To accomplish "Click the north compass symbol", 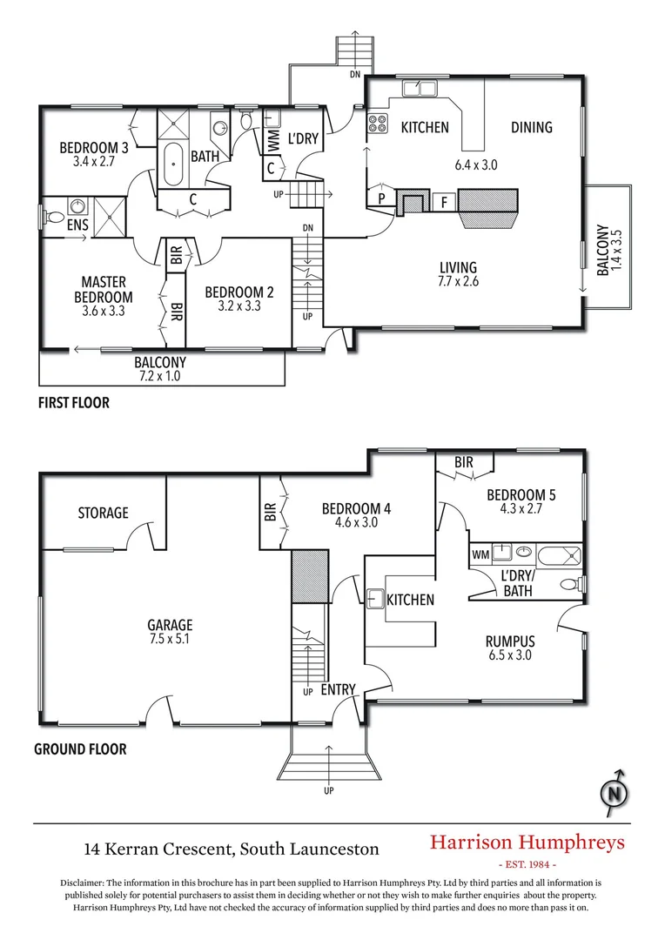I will pos(615,792).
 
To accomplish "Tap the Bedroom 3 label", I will pos(94,148).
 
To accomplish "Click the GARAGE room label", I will pos(170,625).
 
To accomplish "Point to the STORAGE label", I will pos(103,513).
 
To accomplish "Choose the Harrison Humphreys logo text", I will pos(527,842).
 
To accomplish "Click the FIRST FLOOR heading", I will pos(73,403).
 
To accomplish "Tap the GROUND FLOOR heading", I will pos(80,749).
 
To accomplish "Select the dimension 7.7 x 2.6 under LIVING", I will pos(459,281).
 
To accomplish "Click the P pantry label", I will pos(381,198).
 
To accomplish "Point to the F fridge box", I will pos(444,202).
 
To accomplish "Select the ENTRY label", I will pos(338,690).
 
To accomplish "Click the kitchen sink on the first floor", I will pos(420,88).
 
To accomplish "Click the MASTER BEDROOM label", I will pos(104,289).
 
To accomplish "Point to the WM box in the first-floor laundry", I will pos(272,139).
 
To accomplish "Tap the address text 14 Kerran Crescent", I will pos(231,847).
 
